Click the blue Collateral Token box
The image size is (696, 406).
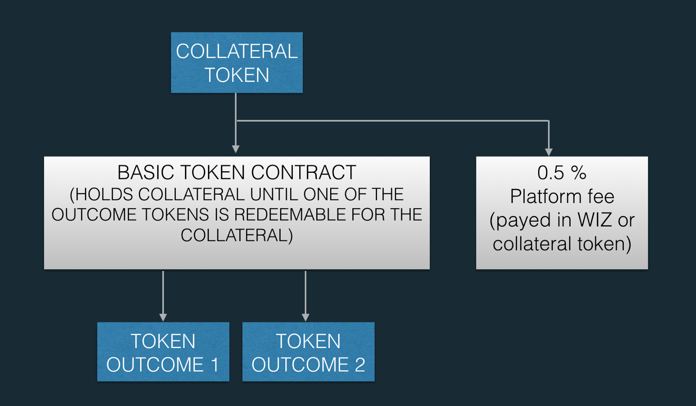coord(237,63)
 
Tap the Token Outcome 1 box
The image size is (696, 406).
coord(163,352)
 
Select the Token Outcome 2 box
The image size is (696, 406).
coord(308,352)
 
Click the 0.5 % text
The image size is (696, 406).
coord(562,173)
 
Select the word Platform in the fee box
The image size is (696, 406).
coord(545,196)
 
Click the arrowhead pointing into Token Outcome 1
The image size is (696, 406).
coord(163,318)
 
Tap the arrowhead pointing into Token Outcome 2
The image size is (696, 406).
coord(305,318)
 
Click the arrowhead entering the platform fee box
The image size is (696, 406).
coord(549,152)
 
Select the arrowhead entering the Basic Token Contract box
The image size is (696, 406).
coord(236,149)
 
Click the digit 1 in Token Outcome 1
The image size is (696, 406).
coord(215,365)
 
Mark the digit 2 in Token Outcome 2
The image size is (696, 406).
coord(360,365)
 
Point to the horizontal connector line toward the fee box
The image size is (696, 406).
coord(391,121)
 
